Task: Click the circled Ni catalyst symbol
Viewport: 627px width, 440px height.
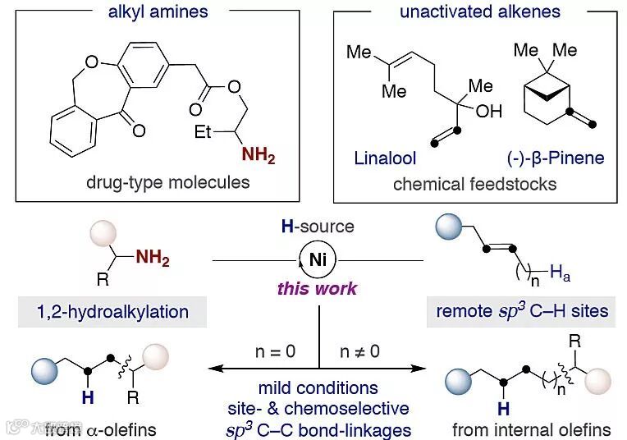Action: pos(318,259)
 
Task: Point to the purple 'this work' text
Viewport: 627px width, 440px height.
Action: pos(317,288)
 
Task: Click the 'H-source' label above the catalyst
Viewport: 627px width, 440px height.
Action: pos(318,227)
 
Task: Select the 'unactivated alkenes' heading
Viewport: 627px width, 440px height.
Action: pos(479,11)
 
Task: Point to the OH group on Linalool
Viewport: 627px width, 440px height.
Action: pos(488,111)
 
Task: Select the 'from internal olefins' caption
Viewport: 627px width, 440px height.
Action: pos(532,429)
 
